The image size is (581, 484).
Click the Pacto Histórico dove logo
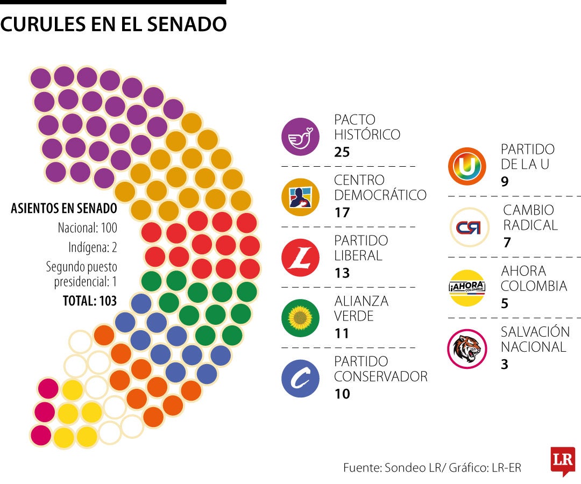(301, 137)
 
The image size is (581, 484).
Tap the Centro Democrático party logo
(301, 197)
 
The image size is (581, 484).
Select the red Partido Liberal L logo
(301, 258)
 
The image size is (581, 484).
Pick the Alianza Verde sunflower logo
(301, 318)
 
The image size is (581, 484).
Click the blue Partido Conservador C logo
(301, 379)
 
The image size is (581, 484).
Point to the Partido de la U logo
(467, 167)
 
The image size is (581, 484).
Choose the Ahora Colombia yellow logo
(467, 288)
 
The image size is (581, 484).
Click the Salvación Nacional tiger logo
(467, 348)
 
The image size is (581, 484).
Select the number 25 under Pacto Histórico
(342, 152)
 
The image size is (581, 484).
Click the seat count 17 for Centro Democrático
(342, 212)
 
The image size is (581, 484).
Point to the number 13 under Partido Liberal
(342, 273)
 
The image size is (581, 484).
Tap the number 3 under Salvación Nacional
(504, 364)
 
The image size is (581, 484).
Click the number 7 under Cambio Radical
(507, 243)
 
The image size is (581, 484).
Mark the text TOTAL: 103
(90, 301)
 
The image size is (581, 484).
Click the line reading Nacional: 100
(87, 228)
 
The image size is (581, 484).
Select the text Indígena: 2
(93, 248)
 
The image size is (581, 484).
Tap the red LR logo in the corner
(563, 461)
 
